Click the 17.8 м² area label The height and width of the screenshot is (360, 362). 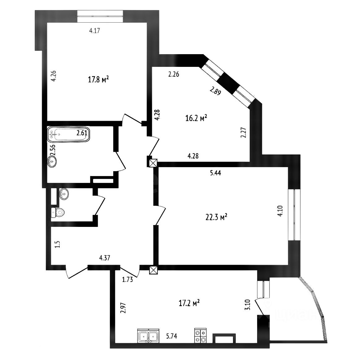pyautogui.click(x=98, y=80)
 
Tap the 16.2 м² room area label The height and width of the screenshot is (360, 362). pyautogui.click(x=196, y=118)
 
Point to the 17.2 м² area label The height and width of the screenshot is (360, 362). pyautogui.click(x=189, y=303)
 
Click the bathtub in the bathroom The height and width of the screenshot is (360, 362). pyautogui.click(x=68, y=134)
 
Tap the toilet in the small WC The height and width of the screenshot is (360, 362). pyautogui.click(x=58, y=212)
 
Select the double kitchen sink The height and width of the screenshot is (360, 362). pyautogui.click(x=148, y=336)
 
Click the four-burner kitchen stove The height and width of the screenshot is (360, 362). pyautogui.click(x=200, y=336)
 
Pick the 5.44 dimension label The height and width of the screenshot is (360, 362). pyautogui.click(x=215, y=173)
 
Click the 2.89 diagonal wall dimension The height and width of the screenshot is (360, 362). pyautogui.click(x=215, y=90)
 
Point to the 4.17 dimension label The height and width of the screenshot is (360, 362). pyautogui.click(x=94, y=30)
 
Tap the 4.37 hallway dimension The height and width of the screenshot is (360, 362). pyautogui.click(x=105, y=258)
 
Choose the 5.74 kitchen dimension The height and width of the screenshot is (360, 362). pyautogui.click(x=172, y=336)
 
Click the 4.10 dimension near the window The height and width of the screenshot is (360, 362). pyautogui.click(x=280, y=211)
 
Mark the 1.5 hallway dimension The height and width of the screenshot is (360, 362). pyautogui.click(x=58, y=244)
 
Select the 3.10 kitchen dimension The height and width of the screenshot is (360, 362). pyautogui.click(x=248, y=305)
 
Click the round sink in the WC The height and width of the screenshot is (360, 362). pyautogui.click(x=64, y=194)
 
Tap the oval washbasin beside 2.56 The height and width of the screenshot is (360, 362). pyautogui.click(x=52, y=162)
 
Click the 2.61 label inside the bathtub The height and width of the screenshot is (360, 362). pyautogui.click(x=82, y=133)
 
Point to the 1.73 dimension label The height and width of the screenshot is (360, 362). pyautogui.click(x=127, y=280)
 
